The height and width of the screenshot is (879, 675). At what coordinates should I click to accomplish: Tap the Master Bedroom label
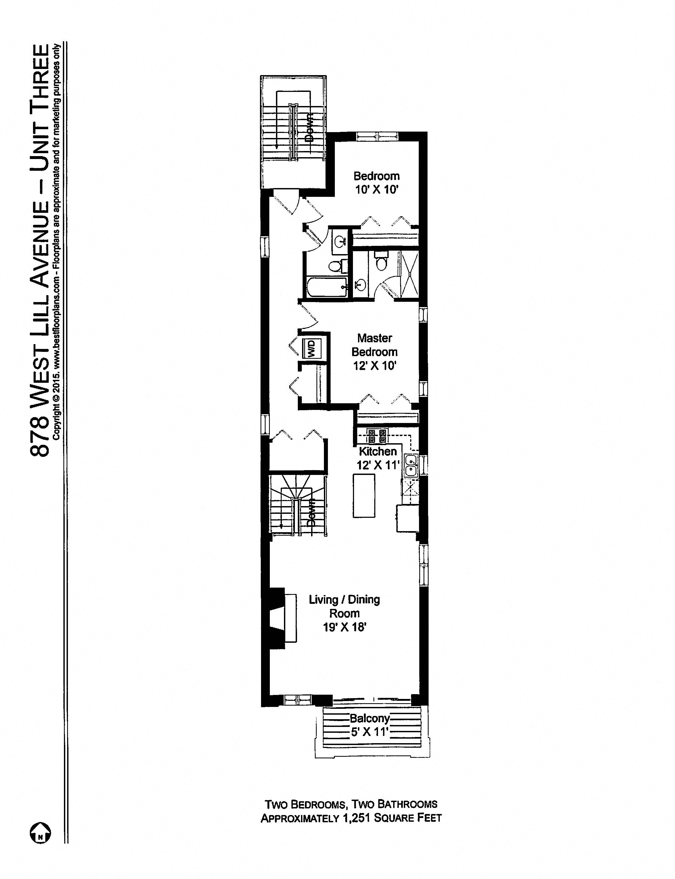pyautogui.click(x=375, y=345)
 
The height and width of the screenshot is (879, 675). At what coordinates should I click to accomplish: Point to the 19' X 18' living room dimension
pyautogui.click(x=344, y=627)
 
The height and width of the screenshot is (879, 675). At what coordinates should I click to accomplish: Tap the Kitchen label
pyautogui.click(x=378, y=451)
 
